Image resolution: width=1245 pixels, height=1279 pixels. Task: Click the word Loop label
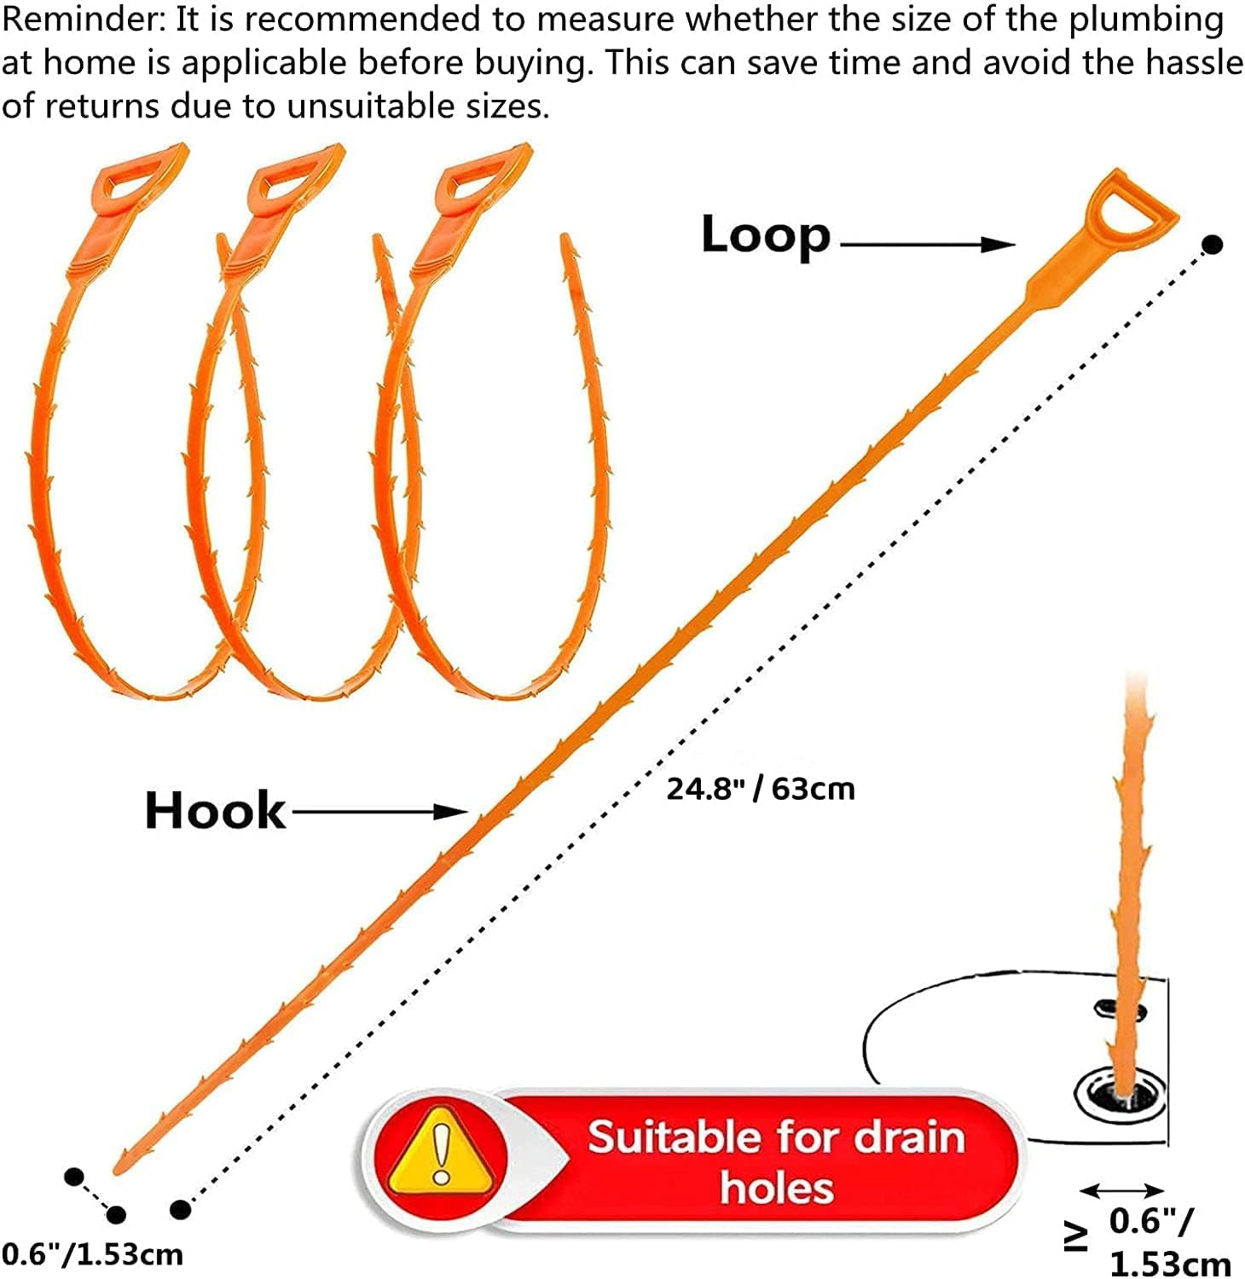(x=765, y=235)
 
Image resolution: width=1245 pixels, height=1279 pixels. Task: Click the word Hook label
(x=215, y=810)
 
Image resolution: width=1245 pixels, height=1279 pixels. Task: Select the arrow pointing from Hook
(x=379, y=812)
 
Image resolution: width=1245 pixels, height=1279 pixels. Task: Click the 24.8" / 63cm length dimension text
(x=760, y=789)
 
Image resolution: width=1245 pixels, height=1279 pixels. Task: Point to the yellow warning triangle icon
(x=440, y=1150)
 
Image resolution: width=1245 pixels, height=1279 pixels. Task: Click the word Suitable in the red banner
(x=673, y=1138)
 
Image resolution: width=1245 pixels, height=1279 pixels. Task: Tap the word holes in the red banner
(x=776, y=1189)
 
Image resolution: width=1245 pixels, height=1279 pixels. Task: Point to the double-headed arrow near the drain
(x=1121, y=1190)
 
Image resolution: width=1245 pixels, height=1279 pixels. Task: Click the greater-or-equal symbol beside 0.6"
(x=1076, y=1236)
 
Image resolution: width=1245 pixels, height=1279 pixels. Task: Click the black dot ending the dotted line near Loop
(x=1213, y=245)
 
